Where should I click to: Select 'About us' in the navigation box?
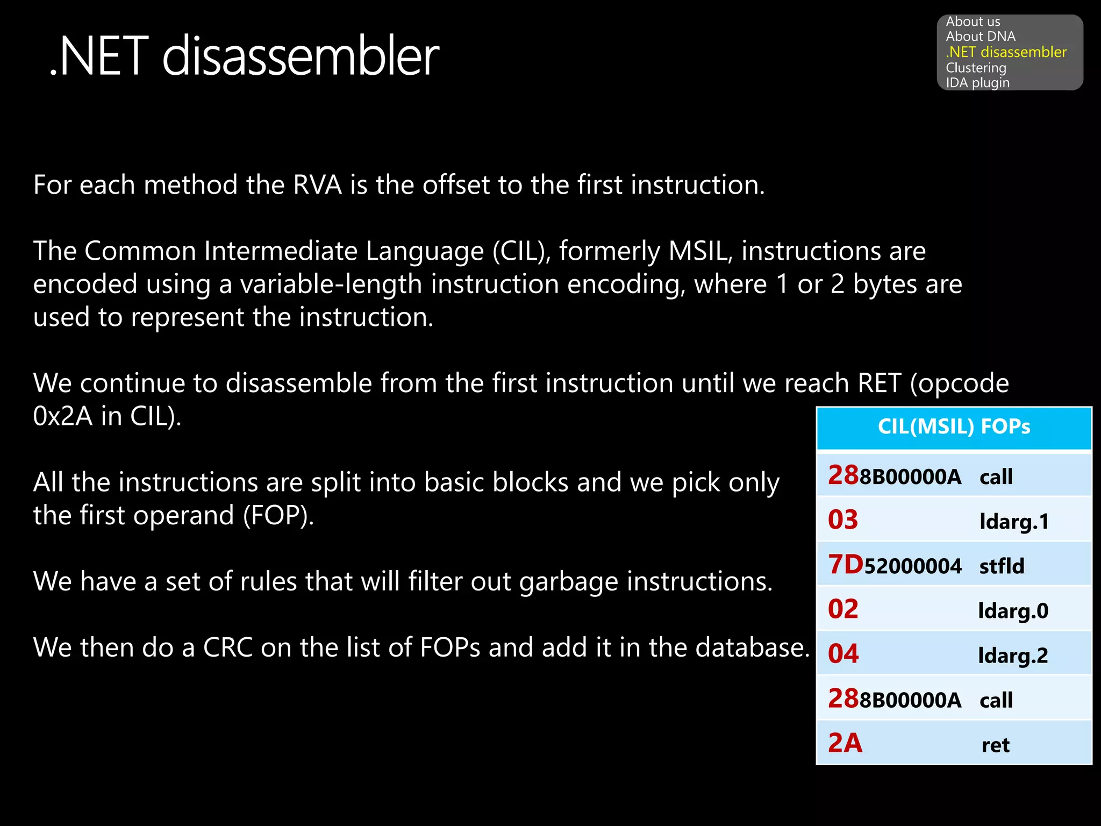[973, 22]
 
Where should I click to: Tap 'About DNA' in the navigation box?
[981, 37]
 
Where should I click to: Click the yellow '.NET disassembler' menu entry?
[1006, 52]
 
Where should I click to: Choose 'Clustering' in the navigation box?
[976, 68]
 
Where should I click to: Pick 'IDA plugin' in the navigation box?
[977, 83]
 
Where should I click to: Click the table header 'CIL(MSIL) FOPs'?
[954, 427]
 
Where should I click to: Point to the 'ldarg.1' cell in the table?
[1014, 522]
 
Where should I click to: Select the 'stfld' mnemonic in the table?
[1002, 566]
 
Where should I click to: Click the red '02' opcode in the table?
[843, 610]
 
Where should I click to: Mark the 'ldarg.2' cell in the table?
[1013, 656]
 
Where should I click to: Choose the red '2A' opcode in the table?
[845, 744]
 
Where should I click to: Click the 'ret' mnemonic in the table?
[996, 745]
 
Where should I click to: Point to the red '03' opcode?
[843, 520]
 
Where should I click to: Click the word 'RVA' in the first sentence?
[317, 185]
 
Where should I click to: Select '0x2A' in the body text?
[63, 416]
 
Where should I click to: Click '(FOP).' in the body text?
[278, 516]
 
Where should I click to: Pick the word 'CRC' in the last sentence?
[228, 647]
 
